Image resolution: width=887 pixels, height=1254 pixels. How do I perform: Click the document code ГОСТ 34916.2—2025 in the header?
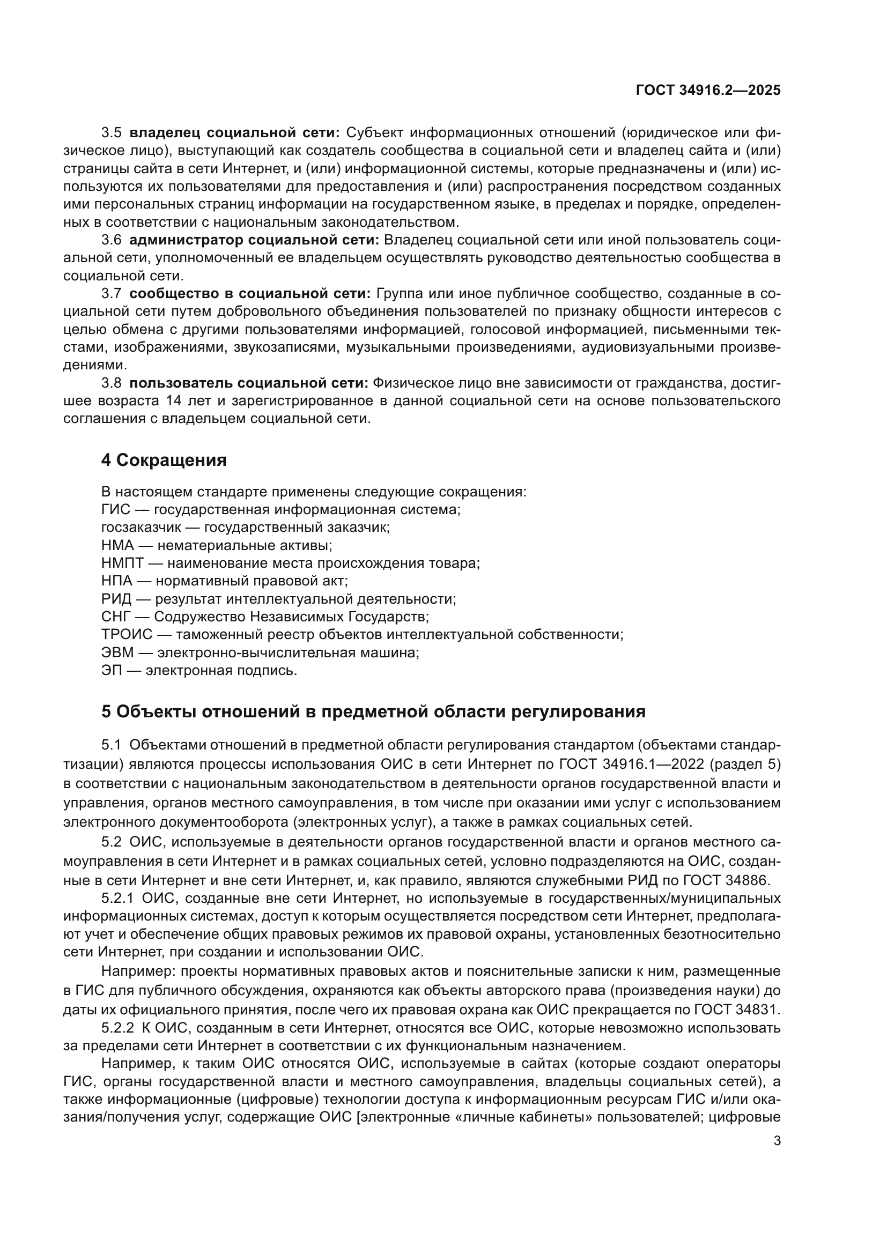[x=708, y=90]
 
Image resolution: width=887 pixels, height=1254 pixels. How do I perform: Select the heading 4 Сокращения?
[x=164, y=460]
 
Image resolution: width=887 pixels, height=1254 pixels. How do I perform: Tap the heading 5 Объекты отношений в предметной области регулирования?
[x=373, y=711]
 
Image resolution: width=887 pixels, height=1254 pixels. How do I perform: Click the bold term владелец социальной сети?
[x=235, y=133]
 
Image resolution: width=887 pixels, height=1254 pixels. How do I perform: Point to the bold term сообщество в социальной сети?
[x=250, y=293]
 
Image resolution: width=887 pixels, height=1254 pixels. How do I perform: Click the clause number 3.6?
[x=112, y=240]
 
